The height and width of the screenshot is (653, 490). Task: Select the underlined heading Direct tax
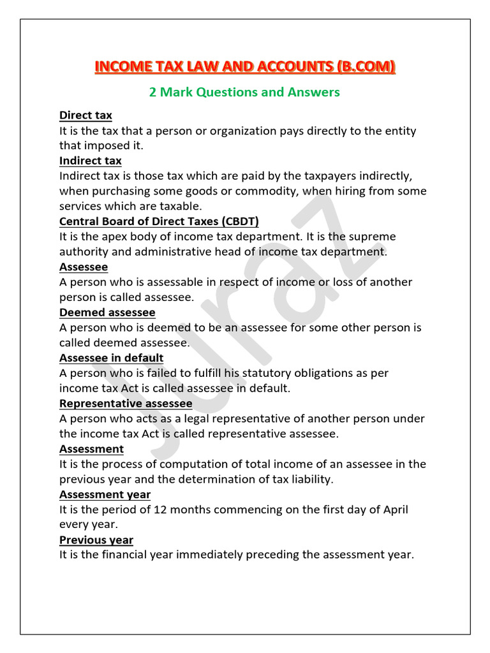click(x=85, y=115)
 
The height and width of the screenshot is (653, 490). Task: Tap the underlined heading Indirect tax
click(x=90, y=161)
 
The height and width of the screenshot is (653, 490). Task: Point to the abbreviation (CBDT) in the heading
click(x=237, y=221)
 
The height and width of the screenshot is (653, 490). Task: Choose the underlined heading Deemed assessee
click(x=107, y=312)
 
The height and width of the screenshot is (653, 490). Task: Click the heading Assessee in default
click(x=111, y=358)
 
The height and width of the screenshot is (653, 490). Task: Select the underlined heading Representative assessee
click(x=126, y=404)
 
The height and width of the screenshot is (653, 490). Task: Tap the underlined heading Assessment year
click(x=105, y=494)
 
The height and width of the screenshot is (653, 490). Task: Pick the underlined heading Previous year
click(x=96, y=540)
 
